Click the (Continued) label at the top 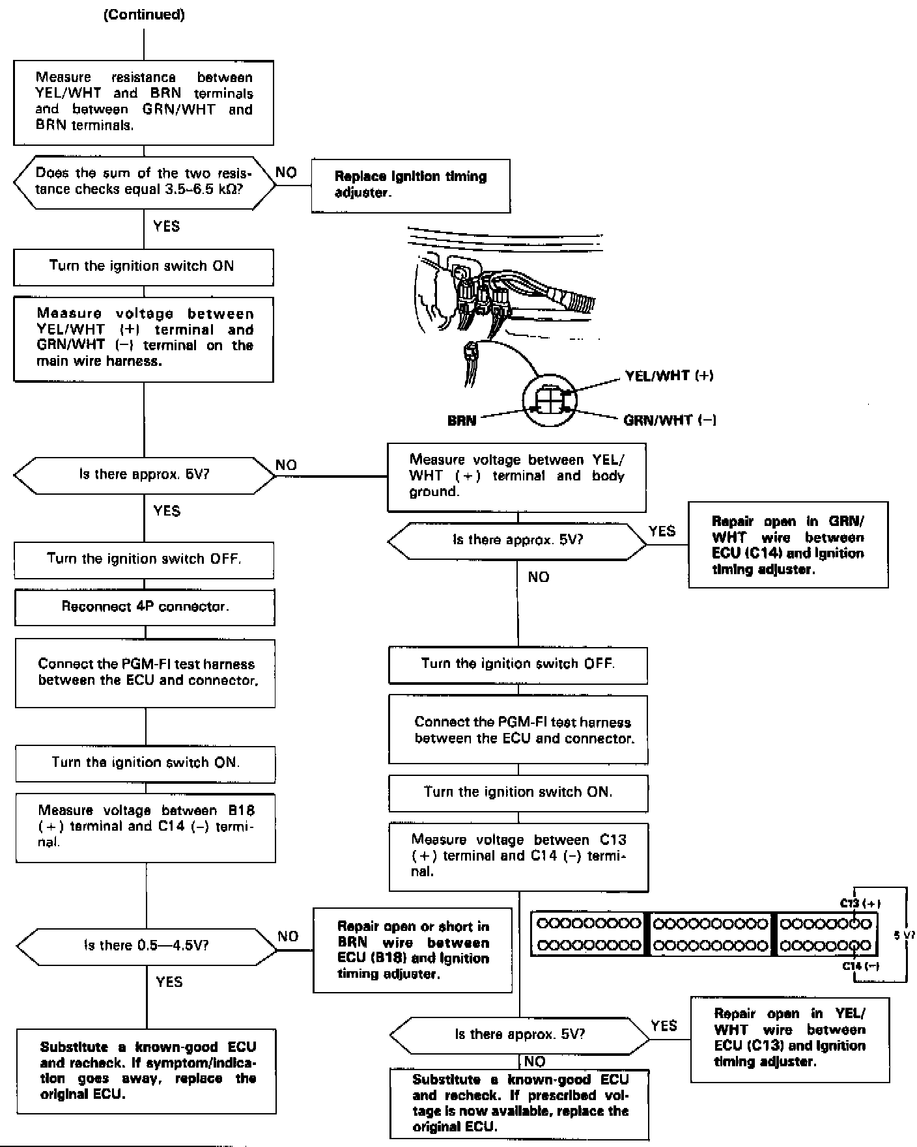click(144, 15)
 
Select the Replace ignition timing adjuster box click(410, 185)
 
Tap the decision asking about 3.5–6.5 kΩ click(144, 182)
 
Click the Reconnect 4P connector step click(144, 607)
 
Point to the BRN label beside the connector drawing click(462, 421)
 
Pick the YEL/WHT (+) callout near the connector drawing click(669, 376)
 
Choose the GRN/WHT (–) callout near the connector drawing click(670, 420)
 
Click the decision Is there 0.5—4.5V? click(146, 945)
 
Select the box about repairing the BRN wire click(412, 950)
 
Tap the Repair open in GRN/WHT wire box click(788, 545)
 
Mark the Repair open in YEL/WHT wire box click(789, 1039)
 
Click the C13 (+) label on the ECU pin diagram click(860, 904)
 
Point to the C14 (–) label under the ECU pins click(861, 966)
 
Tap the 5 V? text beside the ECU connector click(904, 935)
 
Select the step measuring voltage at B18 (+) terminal click(145, 827)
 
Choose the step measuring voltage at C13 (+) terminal click(518, 856)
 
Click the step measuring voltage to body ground click(516, 477)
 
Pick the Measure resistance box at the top click(143, 102)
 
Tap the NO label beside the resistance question click(286, 173)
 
